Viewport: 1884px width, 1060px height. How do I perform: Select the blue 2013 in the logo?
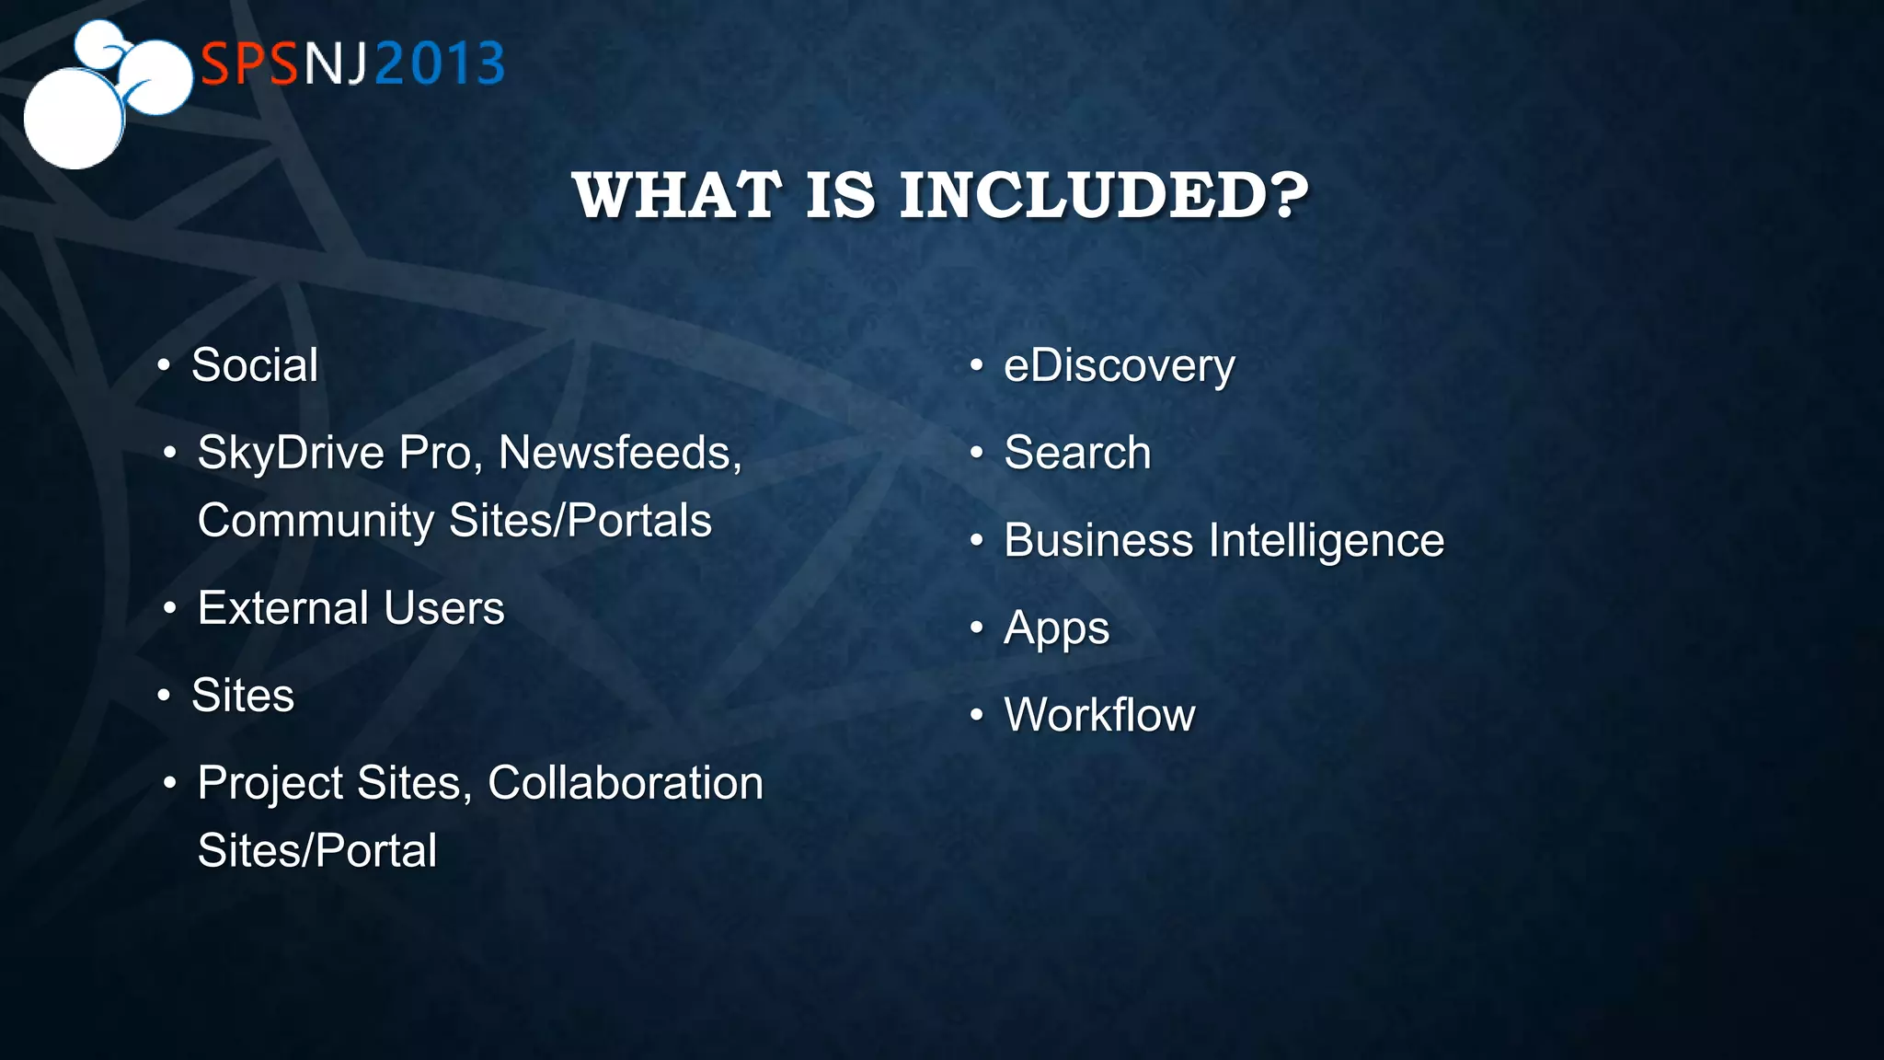(440, 64)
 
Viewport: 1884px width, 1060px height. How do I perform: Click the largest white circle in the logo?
(74, 118)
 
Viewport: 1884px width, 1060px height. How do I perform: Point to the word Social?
(255, 365)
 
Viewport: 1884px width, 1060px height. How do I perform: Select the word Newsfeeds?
(618, 453)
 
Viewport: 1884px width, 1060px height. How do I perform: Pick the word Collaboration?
(625, 783)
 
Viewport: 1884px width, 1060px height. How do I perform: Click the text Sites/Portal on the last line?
(317, 850)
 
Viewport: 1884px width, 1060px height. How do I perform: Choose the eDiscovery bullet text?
(1119, 366)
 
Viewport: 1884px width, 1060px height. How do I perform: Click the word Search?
(1077, 453)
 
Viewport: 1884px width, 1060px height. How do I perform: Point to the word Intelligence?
(1327, 540)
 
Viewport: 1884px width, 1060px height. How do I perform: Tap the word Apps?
(1056, 628)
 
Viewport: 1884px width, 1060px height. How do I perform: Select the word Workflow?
(1099, 715)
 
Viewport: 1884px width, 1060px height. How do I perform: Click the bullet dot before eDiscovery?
(977, 366)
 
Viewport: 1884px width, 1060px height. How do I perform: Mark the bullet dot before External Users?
(169, 608)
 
